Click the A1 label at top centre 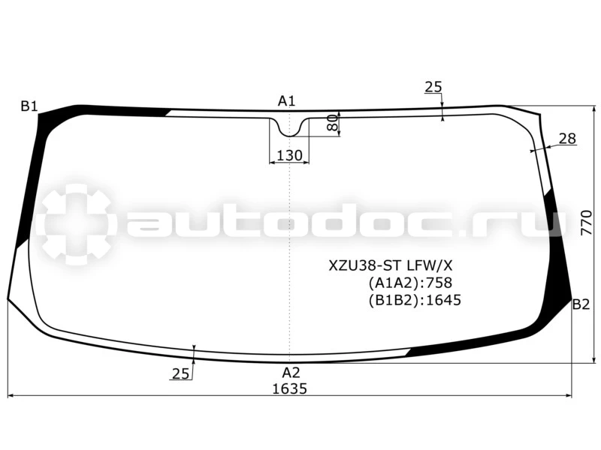(287, 101)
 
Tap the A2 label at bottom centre (291, 372)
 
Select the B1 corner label (29, 106)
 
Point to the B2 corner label (581, 304)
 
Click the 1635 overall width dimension (290, 388)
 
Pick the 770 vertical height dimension (587, 223)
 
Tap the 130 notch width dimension (289, 155)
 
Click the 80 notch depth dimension (333, 123)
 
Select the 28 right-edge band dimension (567, 139)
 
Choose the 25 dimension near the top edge (433, 87)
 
